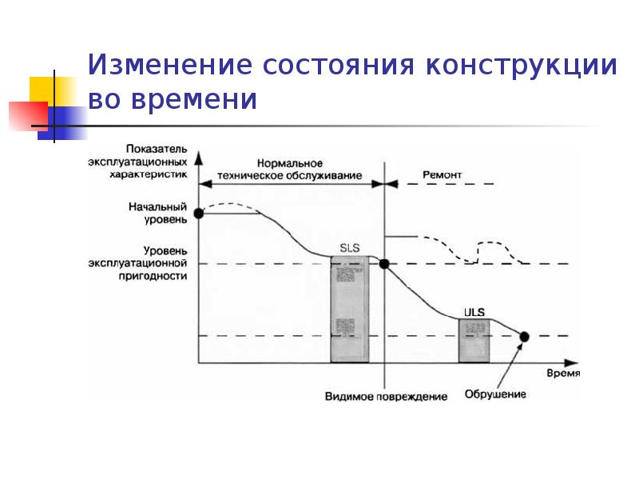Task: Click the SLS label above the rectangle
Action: coord(350,249)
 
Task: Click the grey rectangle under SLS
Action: coord(350,309)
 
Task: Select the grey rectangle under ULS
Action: coord(474,340)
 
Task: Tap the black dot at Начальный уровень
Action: coord(199,214)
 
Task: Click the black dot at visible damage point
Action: coord(384,264)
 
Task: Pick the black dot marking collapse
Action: coord(524,336)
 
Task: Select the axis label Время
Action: coord(562,374)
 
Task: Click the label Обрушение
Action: coord(495,394)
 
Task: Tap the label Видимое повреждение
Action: coord(386,397)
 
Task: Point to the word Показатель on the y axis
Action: coord(157,149)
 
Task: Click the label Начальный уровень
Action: coord(158,211)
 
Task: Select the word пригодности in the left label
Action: coord(161,275)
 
